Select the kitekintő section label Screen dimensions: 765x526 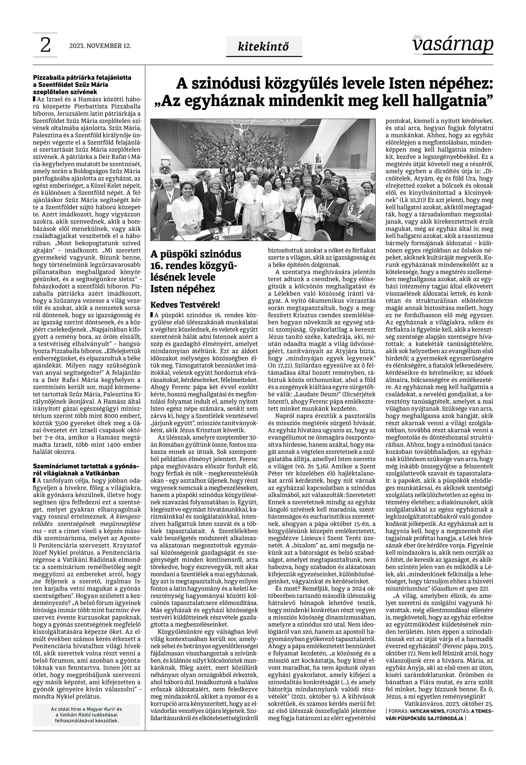coord(264,47)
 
